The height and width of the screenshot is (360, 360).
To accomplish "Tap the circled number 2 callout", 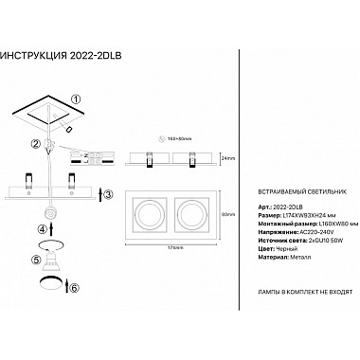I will pyautogui.click(x=36, y=143).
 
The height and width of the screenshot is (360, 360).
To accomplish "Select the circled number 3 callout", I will pyautogui.click(x=108, y=194).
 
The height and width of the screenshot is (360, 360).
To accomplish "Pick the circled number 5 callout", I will pyautogui.click(x=38, y=259).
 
